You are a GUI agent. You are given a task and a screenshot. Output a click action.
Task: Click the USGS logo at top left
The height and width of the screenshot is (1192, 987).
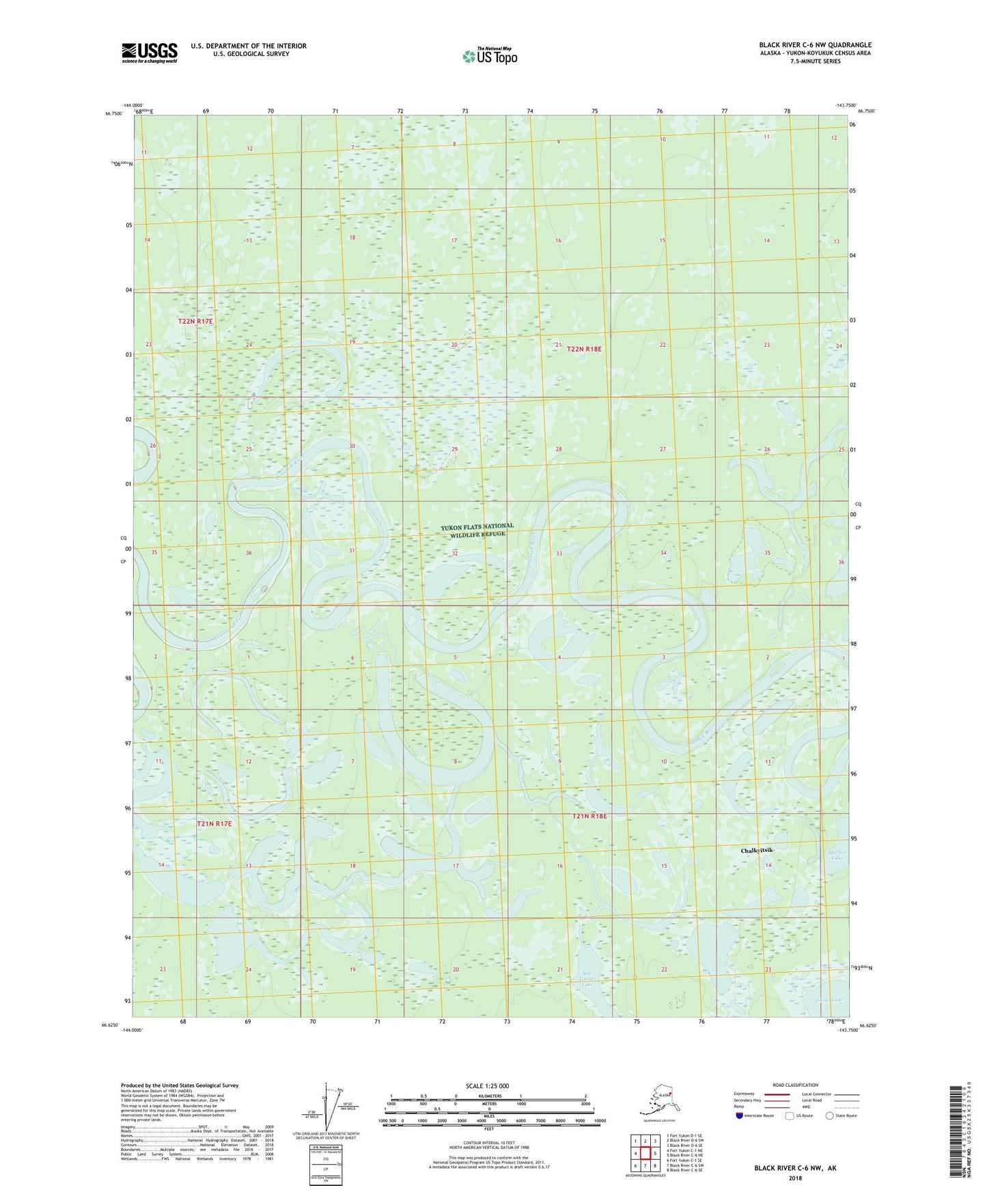tap(149, 53)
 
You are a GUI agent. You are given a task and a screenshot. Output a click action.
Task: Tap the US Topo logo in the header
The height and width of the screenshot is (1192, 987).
tap(489, 56)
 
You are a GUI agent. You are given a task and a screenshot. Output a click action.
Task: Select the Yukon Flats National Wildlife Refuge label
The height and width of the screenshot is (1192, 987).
tap(477, 530)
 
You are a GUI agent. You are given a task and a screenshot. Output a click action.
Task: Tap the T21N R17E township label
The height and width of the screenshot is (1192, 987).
tap(214, 823)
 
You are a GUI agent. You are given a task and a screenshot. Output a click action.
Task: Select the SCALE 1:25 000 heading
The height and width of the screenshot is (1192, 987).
tap(487, 1085)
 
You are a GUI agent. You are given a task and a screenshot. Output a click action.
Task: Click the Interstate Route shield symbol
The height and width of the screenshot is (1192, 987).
tap(739, 1116)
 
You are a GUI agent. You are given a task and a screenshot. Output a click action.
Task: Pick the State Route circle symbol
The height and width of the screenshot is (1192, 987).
tap(830, 1116)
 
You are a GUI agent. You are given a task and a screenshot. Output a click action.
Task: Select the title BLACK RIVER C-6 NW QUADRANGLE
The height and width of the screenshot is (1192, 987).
tap(815, 45)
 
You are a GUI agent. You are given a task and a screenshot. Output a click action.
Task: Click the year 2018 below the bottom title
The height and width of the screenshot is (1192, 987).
tap(795, 1178)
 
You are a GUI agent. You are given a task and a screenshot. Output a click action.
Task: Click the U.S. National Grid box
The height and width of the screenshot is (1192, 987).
tap(325, 1160)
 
